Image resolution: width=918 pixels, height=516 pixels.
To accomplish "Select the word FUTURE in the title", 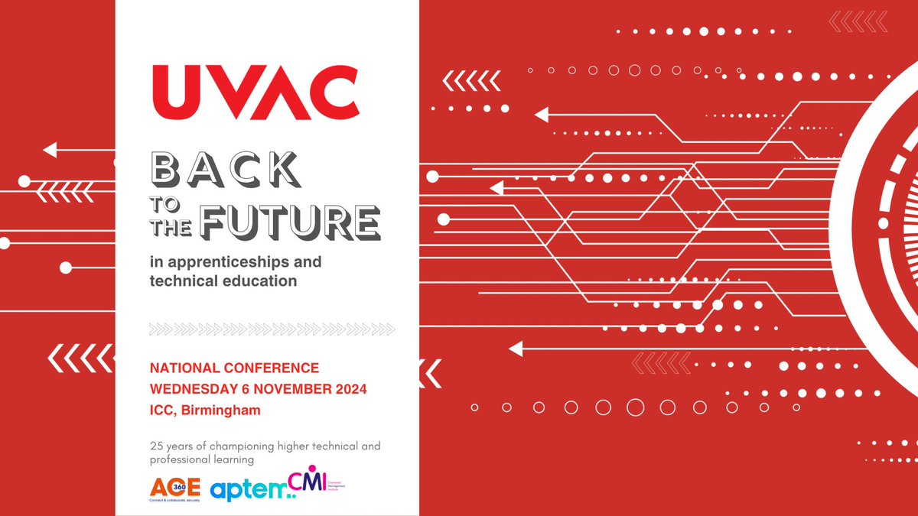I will click(291, 222).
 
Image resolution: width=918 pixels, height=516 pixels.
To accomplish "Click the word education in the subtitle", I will click(260, 281).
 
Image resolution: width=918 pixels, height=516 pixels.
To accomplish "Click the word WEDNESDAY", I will click(191, 389).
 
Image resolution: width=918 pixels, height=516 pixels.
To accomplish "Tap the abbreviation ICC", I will click(162, 411).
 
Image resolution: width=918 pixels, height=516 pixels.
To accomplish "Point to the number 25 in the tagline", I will click(156, 446).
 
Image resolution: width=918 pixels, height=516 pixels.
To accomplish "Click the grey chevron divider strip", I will click(272, 329).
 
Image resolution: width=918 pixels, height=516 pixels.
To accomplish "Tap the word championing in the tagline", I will click(245, 446).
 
